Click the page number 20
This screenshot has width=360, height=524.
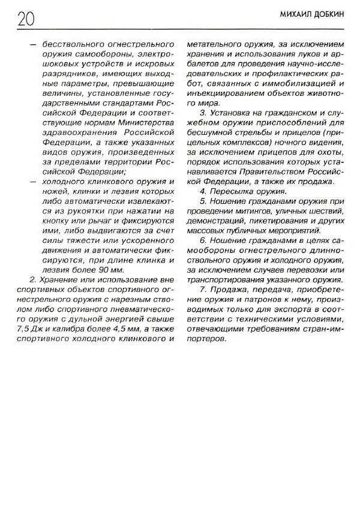pyautogui.click(x=20, y=19)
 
